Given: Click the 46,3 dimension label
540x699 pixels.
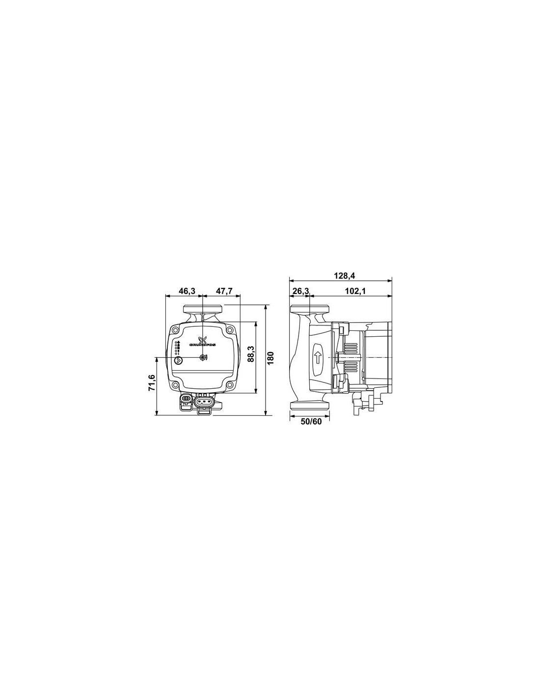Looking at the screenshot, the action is tap(187, 291).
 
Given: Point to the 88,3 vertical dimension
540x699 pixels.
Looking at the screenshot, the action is tap(251, 353).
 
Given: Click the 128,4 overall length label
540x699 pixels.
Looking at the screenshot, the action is tap(342, 276).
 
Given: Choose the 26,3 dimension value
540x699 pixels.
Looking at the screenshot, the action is tap(300, 291).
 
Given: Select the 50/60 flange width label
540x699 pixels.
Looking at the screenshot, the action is tap(311, 421).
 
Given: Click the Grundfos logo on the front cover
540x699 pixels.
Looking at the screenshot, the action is tap(203, 341).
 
